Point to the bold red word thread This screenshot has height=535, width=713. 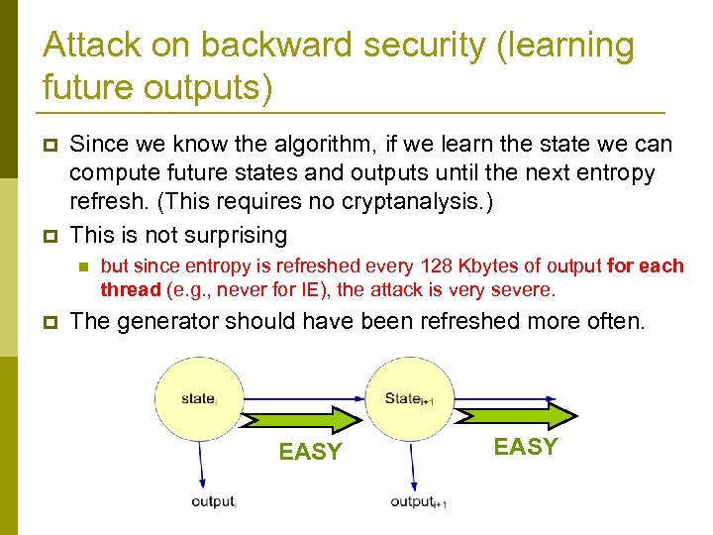(x=130, y=290)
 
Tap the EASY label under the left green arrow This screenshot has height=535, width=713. (x=310, y=453)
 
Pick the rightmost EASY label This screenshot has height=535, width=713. (x=526, y=447)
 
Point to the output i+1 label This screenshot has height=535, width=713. (x=418, y=502)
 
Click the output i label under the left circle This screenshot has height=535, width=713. (x=214, y=501)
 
